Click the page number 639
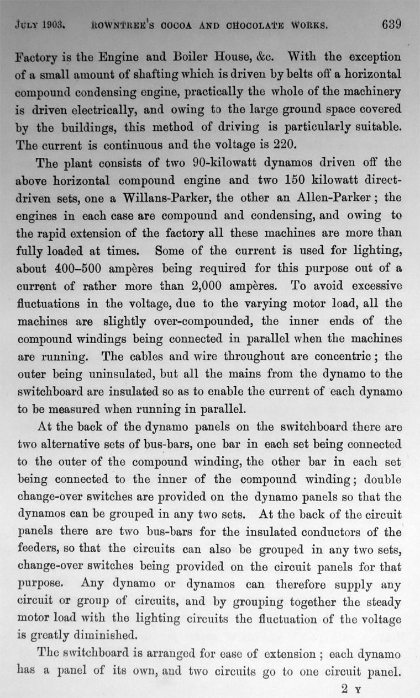point(390,24)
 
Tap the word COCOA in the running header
point(179,25)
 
